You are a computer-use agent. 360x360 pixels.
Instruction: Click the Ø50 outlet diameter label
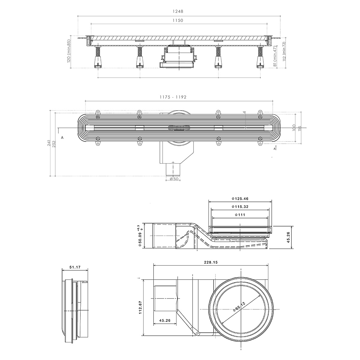point(174,179)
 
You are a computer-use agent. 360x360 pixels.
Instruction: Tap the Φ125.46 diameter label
point(240,199)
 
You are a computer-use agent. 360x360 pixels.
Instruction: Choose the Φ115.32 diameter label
point(240,207)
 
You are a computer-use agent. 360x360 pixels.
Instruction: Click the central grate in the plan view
point(180,128)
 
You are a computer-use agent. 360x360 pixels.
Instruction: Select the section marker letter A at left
point(62,137)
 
